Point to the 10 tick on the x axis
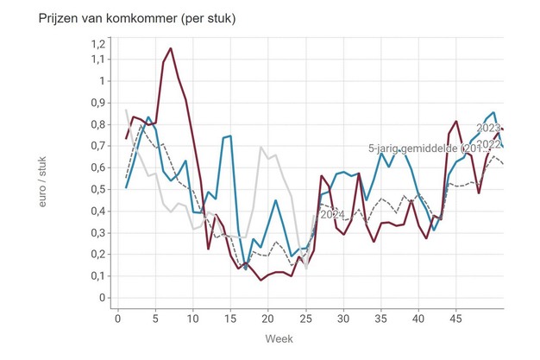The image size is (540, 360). [x=193, y=317]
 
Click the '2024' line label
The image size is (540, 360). [x=333, y=214]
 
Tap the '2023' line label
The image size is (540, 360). [x=488, y=128]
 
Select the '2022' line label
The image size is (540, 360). [x=488, y=144]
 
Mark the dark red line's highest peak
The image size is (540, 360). [x=170, y=48]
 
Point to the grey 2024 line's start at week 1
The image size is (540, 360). [x=126, y=110]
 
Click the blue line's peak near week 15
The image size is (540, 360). [x=230, y=136]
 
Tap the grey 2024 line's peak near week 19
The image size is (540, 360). [x=261, y=147]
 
